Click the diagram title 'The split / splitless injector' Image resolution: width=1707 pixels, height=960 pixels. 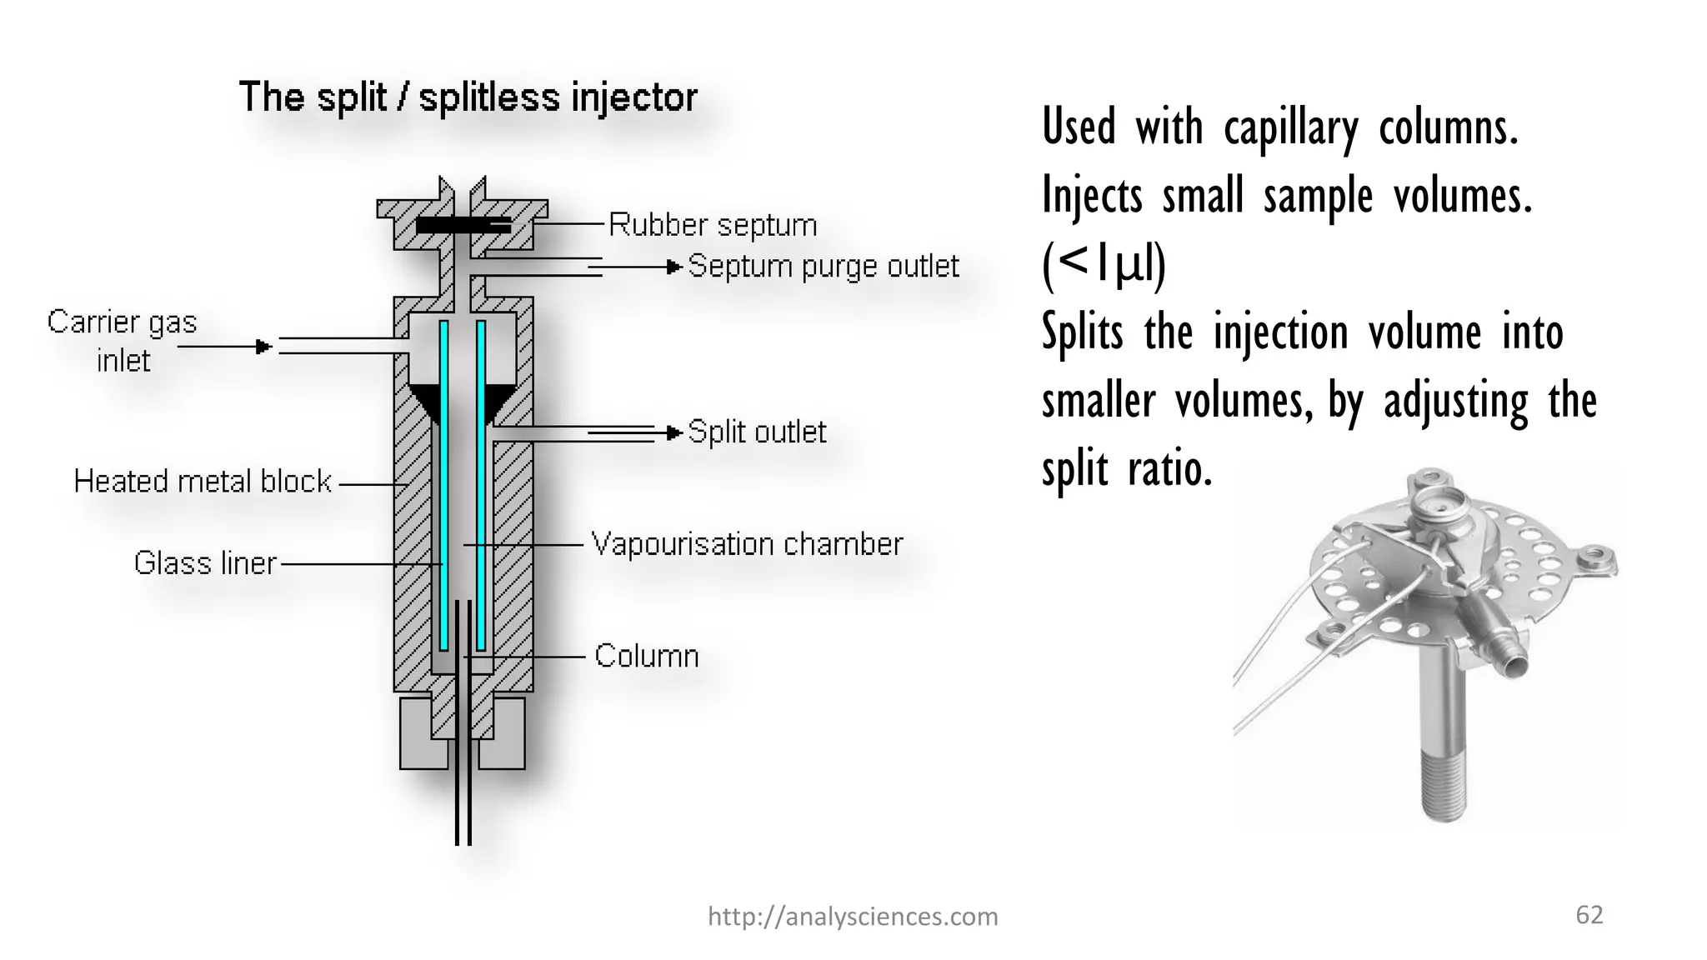coord(468,97)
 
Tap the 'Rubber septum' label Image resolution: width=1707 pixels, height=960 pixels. coord(713,225)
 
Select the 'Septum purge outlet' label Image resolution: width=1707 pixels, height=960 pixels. coord(823,267)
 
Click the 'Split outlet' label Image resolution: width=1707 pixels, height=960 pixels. coord(757,432)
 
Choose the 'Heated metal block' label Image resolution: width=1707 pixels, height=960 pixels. coord(203,482)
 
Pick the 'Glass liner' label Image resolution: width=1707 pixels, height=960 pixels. coord(205,563)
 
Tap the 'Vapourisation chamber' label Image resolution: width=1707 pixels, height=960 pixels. coord(747,544)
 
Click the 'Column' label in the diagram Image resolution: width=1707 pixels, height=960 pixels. coord(647,657)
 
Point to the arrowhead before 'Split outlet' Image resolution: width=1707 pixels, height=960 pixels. coord(675,432)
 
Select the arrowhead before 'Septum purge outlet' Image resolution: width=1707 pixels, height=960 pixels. coord(675,267)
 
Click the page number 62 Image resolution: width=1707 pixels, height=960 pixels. coord(1589,915)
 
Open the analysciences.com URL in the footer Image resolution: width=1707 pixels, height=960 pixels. coord(853,917)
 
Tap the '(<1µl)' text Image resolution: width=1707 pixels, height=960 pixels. coord(1104,265)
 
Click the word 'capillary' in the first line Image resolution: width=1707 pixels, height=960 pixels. coord(1291,129)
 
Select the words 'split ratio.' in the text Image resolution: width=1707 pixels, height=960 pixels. coord(1127,469)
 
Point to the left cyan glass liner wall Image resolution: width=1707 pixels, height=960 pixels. coord(444,483)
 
